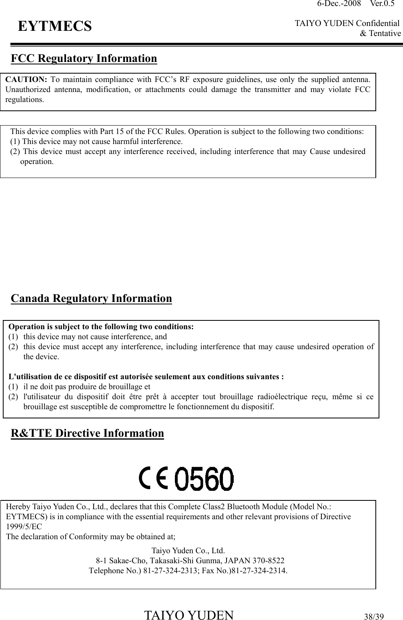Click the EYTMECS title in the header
click(x=55, y=26)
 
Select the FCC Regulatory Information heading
click(x=84, y=58)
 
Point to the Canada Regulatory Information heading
click(x=91, y=298)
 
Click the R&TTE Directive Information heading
click(x=87, y=433)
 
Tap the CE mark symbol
click(x=154, y=479)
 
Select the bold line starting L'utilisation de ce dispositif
click(x=146, y=376)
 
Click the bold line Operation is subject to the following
click(x=101, y=326)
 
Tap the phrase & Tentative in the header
click(x=380, y=34)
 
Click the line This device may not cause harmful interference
click(x=96, y=141)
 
